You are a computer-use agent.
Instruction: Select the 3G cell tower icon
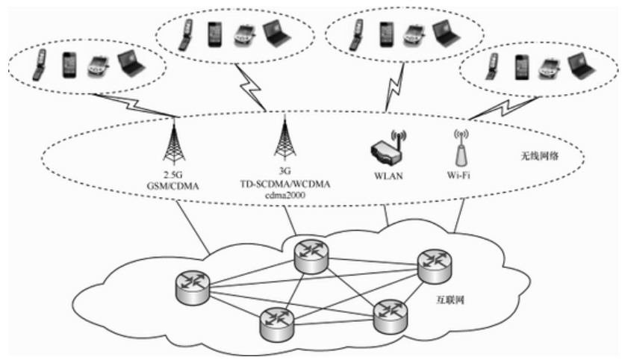(284, 139)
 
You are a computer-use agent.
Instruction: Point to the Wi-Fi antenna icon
(460, 147)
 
